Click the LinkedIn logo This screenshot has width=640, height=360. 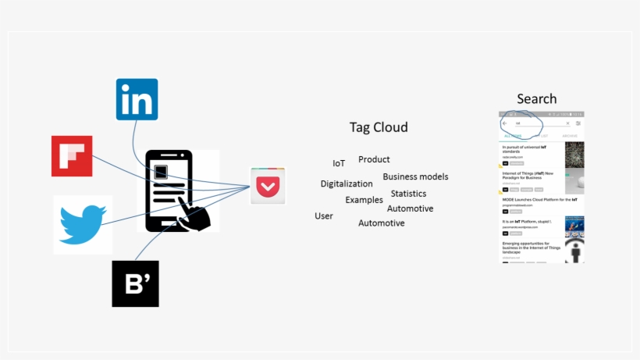(x=137, y=99)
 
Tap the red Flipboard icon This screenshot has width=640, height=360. (x=72, y=155)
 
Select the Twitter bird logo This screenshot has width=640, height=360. (x=83, y=224)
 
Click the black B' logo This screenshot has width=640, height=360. (x=135, y=283)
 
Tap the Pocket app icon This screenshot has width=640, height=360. (x=268, y=186)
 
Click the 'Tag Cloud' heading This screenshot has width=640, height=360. (x=379, y=127)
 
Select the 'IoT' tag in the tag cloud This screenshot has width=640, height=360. (x=339, y=164)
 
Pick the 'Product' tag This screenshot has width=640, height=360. (x=374, y=159)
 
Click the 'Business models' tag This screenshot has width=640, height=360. (x=415, y=176)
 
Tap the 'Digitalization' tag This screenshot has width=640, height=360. (x=347, y=184)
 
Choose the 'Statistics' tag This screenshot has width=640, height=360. (x=408, y=194)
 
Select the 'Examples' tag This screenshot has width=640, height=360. (x=364, y=200)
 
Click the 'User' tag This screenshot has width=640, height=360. (x=324, y=216)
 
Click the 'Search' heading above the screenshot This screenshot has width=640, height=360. (x=537, y=99)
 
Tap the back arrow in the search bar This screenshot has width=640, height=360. (x=504, y=123)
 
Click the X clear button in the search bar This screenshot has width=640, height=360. (x=567, y=123)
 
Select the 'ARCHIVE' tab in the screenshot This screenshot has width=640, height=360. (x=570, y=136)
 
